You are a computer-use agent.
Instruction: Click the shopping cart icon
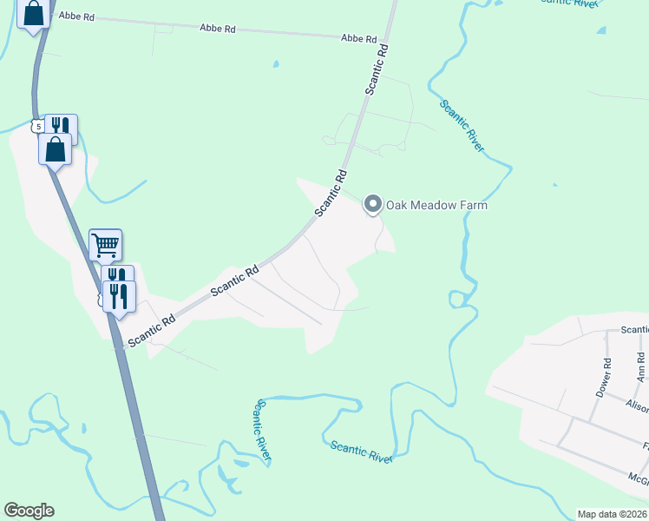tap(105, 246)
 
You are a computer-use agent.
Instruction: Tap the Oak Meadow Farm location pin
tap(373, 205)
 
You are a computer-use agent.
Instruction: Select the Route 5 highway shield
tap(37, 127)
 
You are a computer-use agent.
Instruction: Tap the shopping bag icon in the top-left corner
tap(33, 15)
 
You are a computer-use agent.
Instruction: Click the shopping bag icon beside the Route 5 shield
tap(55, 148)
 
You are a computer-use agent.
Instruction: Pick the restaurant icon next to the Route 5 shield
tap(61, 129)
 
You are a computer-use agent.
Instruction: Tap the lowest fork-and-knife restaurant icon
tap(119, 297)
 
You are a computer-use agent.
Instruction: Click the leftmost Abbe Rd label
tap(76, 17)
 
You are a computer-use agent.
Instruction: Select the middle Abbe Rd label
tap(218, 29)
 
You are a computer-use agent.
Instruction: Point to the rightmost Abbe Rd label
tap(359, 38)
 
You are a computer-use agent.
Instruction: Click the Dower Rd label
tap(603, 378)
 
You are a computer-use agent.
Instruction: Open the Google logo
tap(29, 511)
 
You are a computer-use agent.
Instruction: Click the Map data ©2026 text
tap(613, 514)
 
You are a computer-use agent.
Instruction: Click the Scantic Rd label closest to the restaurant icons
tap(152, 331)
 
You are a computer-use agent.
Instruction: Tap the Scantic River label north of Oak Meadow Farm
tap(462, 126)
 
